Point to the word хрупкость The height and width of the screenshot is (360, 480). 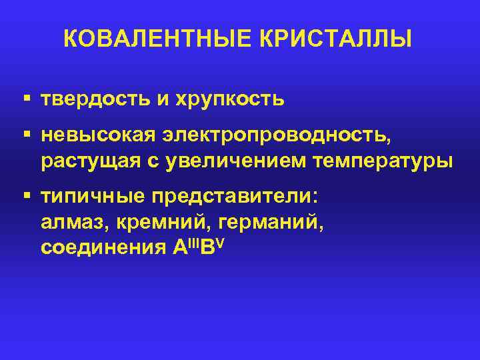230,101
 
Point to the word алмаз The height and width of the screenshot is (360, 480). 66,223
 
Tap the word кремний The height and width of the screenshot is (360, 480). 149,223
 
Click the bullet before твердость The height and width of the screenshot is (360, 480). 26,99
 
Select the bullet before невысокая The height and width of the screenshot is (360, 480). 26,135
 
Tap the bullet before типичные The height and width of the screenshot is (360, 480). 26,197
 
